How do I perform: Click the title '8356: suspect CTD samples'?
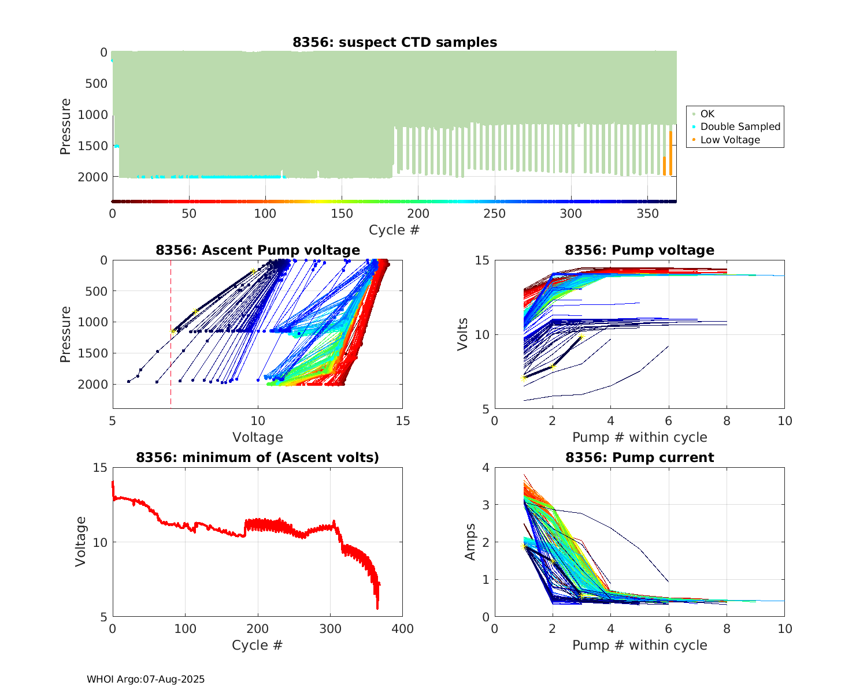394,42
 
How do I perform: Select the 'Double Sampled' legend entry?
740,126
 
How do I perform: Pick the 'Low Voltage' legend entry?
730,140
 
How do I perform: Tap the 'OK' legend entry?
707,114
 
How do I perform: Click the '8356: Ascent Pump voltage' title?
257,250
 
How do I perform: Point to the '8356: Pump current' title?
639,457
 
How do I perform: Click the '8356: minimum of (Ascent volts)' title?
257,457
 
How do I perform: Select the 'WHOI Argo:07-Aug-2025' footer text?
146,679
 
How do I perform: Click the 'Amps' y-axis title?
470,542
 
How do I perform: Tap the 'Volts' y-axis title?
462,335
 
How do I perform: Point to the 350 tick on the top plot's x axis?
647,214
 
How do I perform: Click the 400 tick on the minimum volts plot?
402,629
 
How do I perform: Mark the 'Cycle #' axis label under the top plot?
394,230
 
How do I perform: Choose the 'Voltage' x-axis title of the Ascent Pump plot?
257,437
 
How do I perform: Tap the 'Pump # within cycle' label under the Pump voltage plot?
639,437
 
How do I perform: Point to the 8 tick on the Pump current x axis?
727,629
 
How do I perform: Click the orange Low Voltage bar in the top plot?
670,153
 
